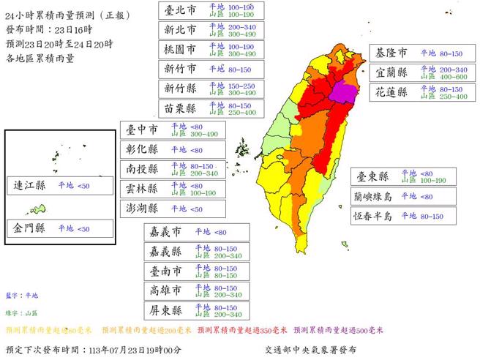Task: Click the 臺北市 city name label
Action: [179, 10]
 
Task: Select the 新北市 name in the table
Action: [179, 29]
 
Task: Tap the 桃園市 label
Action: [179, 49]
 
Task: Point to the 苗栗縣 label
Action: [179, 108]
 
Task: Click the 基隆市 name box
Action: [392, 54]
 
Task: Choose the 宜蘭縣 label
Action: [392, 73]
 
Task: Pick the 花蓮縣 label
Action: [392, 93]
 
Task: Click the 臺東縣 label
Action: [372, 176]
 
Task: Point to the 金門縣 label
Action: [30, 228]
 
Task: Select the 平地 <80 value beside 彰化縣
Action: [187, 149]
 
